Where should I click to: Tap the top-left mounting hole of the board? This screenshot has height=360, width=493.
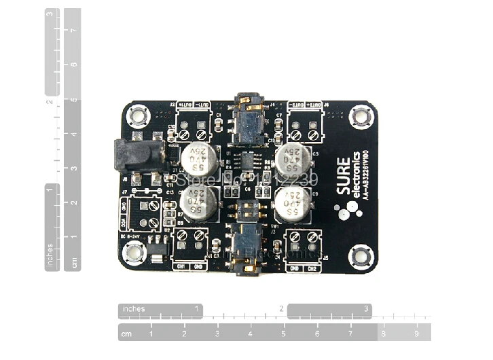click(x=138, y=116)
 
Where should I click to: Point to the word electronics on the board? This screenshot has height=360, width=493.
click(x=357, y=177)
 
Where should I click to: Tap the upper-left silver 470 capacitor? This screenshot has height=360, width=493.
click(x=196, y=158)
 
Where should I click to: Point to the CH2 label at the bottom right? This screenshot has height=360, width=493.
click(x=312, y=268)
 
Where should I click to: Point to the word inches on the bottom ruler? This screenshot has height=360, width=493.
click(x=133, y=310)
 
